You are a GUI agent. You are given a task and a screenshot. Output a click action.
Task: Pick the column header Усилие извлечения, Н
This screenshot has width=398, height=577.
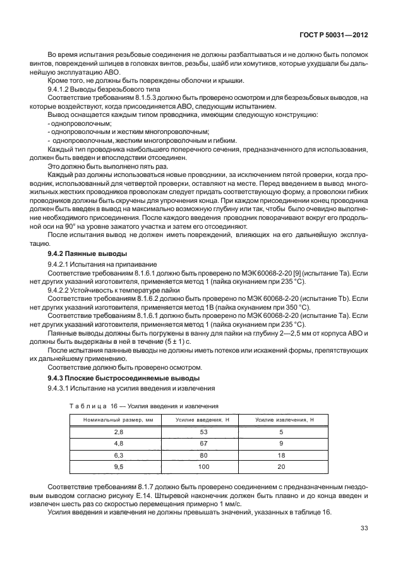(281, 420)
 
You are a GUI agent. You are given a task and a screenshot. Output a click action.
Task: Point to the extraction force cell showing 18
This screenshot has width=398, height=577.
(280, 454)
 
